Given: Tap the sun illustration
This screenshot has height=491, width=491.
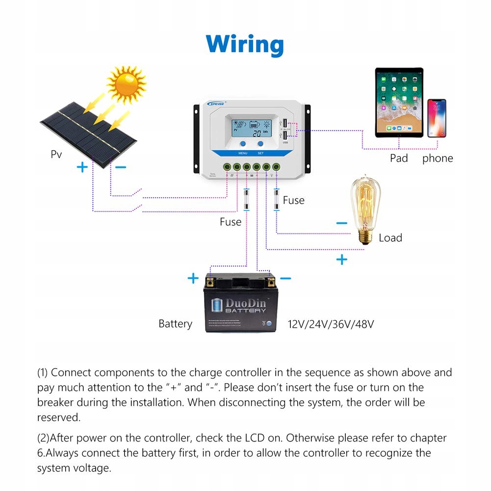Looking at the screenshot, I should [x=126, y=83].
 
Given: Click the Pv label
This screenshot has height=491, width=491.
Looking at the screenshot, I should [x=57, y=155].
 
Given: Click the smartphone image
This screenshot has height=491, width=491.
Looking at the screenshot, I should [x=437, y=118].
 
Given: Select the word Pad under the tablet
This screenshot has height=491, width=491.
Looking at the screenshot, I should [x=399, y=158].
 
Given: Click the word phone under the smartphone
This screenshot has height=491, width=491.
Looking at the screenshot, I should [x=438, y=158].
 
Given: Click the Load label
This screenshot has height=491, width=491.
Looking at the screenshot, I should [x=390, y=238].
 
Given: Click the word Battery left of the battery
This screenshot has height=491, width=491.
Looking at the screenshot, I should [x=175, y=324].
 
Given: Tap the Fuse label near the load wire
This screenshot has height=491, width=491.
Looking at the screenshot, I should [x=293, y=200].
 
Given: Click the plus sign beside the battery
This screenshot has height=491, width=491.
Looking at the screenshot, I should [x=193, y=279].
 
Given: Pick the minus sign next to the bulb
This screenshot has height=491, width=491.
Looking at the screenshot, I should [x=342, y=223].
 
